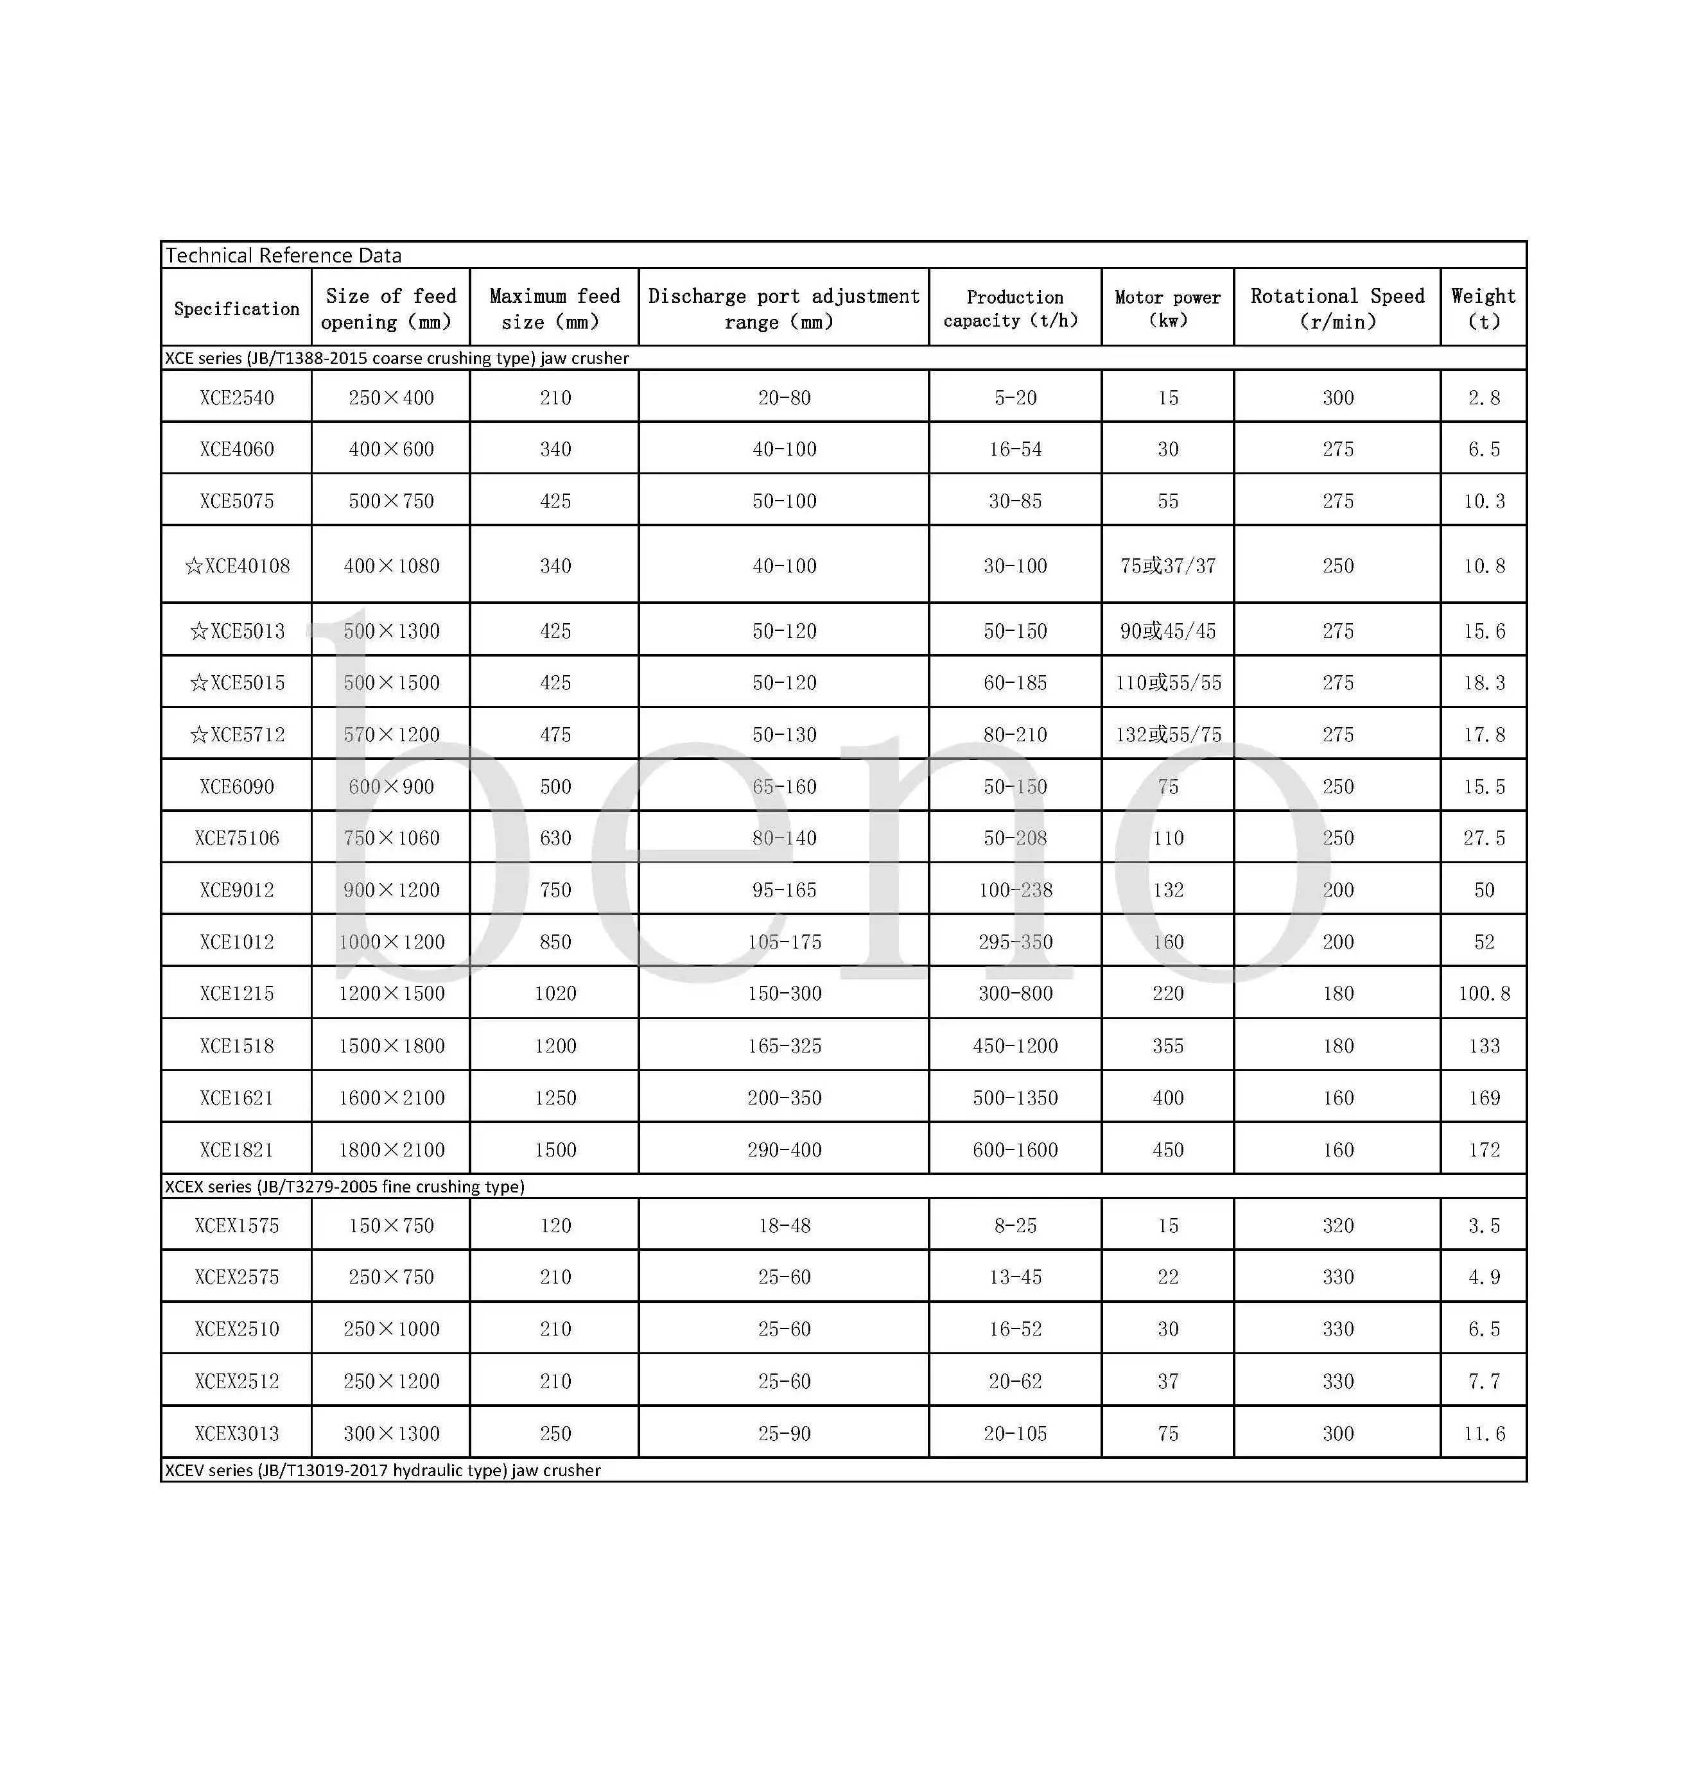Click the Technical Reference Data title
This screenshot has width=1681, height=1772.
pos(283,255)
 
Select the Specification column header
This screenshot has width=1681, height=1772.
pos(236,308)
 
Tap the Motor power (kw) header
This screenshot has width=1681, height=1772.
pos(1167,308)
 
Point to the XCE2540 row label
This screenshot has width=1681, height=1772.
pos(236,398)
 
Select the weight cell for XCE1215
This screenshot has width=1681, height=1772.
pos(1484,994)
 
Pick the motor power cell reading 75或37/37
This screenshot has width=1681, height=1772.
pos(1167,566)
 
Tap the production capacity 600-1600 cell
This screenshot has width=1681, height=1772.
pos(1015,1149)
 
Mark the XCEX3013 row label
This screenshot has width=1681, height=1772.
pos(236,1433)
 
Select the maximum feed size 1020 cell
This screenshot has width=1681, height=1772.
pos(555,994)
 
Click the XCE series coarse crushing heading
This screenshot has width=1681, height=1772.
pos(396,358)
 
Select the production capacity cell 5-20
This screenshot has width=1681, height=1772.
pos(1015,398)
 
